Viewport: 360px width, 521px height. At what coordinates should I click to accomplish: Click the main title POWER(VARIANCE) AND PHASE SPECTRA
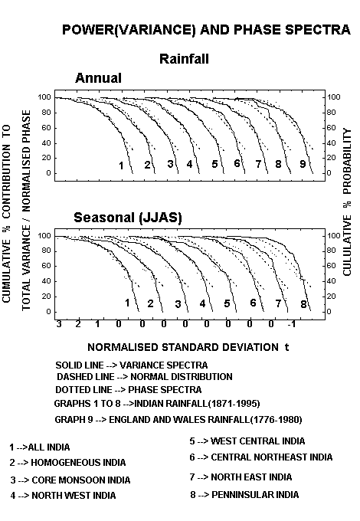(x=206, y=30)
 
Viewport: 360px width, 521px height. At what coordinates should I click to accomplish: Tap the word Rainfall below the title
(x=184, y=59)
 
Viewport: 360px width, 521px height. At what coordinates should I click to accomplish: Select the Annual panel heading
(x=98, y=78)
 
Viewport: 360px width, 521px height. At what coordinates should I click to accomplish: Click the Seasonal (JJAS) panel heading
(x=128, y=218)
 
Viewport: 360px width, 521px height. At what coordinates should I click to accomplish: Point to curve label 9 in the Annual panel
(x=303, y=164)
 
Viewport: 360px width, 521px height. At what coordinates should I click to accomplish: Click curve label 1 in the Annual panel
(x=121, y=165)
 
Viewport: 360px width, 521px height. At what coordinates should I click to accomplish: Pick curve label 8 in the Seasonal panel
(x=303, y=304)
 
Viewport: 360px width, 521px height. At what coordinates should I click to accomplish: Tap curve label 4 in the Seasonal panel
(x=202, y=303)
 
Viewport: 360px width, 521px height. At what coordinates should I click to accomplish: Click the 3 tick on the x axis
(x=59, y=324)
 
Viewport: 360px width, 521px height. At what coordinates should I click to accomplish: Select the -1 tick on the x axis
(x=291, y=324)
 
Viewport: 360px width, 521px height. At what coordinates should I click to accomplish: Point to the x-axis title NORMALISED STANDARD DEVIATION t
(x=188, y=347)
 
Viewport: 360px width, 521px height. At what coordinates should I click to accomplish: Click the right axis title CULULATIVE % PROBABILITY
(x=348, y=202)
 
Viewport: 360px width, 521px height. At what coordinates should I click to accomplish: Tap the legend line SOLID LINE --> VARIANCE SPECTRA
(x=132, y=365)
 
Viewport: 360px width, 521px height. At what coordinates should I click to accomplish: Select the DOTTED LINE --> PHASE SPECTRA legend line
(x=128, y=389)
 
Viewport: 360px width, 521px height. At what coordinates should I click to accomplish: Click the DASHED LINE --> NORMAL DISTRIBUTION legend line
(x=145, y=377)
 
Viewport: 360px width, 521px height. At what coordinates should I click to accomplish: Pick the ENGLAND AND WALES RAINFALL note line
(x=178, y=420)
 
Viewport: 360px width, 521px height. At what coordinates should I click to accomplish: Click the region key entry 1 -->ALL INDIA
(x=40, y=447)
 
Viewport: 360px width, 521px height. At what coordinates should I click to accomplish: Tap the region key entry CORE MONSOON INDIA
(x=70, y=480)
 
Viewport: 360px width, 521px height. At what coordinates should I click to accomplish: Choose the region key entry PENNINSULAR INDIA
(x=244, y=495)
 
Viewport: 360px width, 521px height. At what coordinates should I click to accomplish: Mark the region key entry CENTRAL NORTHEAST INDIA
(x=261, y=457)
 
